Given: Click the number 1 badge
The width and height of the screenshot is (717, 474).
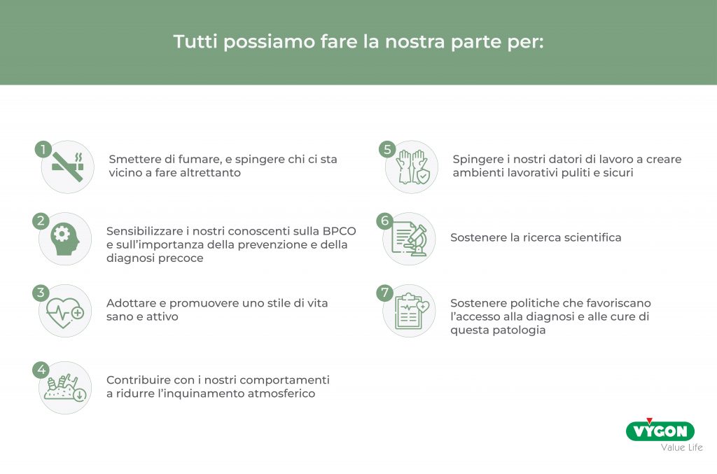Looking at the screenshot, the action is pyautogui.click(x=43, y=149).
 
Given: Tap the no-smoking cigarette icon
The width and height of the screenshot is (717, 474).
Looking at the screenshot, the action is pyautogui.click(x=68, y=167).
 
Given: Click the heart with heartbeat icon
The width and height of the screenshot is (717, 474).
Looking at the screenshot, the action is pyautogui.click(x=65, y=313).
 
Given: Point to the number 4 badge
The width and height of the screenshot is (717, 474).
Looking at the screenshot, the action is pyautogui.click(x=41, y=369).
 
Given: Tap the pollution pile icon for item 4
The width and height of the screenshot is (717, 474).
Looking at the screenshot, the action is pyautogui.click(x=65, y=388).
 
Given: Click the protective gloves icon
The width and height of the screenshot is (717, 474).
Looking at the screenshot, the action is pyautogui.click(x=412, y=167).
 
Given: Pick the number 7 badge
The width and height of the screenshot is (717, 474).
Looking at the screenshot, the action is pyautogui.click(x=384, y=293).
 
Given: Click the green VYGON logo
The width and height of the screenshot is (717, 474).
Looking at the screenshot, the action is pyautogui.click(x=660, y=430).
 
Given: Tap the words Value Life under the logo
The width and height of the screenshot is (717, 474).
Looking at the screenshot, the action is pyautogui.click(x=682, y=447).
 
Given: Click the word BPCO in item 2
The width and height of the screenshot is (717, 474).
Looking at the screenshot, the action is pyautogui.click(x=339, y=231).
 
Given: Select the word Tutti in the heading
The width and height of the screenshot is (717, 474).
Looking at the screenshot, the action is pyautogui.click(x=196, y=41).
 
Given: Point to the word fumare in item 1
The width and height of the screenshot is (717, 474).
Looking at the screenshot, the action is pyautogui.click(x=200, y=160).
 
